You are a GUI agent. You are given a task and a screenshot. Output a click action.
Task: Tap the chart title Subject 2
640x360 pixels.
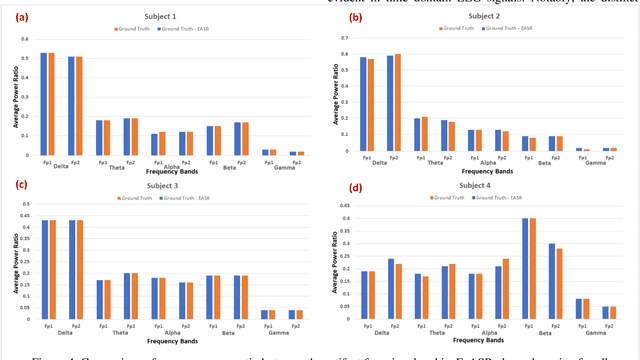click(x=483, y=17)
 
